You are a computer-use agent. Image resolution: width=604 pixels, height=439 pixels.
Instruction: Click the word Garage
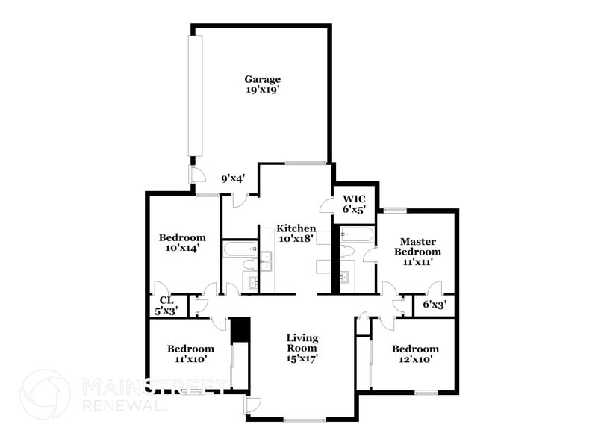click(262, 79)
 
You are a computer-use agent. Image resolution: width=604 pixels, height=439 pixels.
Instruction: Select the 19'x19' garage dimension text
click(262, 90)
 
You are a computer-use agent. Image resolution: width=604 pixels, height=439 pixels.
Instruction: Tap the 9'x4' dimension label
click(233, 179)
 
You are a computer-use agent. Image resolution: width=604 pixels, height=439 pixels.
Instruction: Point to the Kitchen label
click(296, 228)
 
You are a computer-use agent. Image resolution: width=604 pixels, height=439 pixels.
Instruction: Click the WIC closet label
click(353, 199)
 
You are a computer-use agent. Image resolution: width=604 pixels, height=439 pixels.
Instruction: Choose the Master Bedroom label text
click(417, 246)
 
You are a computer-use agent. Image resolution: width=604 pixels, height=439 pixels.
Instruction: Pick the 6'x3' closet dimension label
click(435, 305)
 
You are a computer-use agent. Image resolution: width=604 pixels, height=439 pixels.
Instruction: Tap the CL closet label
click(166, 301)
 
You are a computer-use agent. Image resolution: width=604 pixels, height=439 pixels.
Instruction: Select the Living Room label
click(302, 343)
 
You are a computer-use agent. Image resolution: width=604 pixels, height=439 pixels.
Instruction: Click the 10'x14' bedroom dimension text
click(181, 249)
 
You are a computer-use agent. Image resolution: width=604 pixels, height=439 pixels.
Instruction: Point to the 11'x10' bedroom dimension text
click(190, 359)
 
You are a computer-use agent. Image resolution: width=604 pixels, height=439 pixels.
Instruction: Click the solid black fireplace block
click(240, 330)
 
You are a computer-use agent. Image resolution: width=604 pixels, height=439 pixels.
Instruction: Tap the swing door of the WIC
click(326, 205)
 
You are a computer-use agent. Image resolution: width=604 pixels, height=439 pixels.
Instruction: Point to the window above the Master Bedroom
click(395, 210)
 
